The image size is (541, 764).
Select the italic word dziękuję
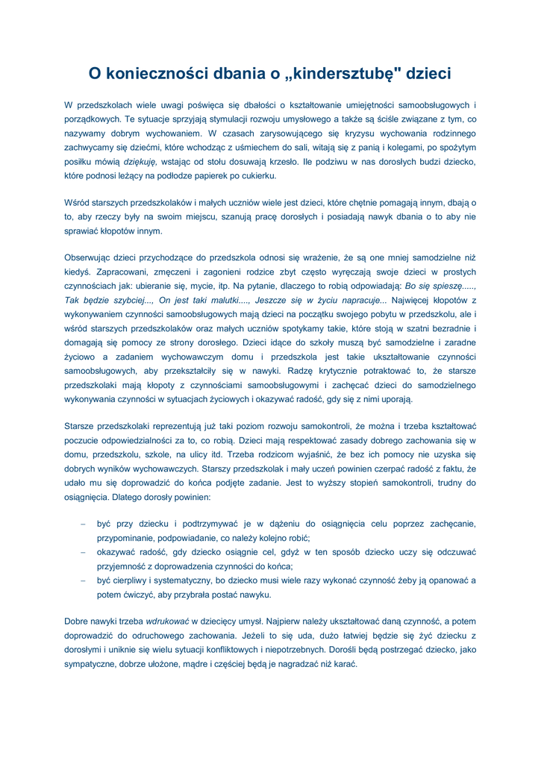coord(140,161)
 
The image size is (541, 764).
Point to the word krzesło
coord(279,161)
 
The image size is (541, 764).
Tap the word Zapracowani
coord(122,272)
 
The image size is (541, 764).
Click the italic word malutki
coord(207,301)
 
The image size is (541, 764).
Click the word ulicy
coord(196,454)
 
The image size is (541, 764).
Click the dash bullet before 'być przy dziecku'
coord(83,525)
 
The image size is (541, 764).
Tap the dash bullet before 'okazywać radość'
coord(83,553)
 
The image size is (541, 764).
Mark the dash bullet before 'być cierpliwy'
coord(83,580)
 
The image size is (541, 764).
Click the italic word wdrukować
coord(167,621)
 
